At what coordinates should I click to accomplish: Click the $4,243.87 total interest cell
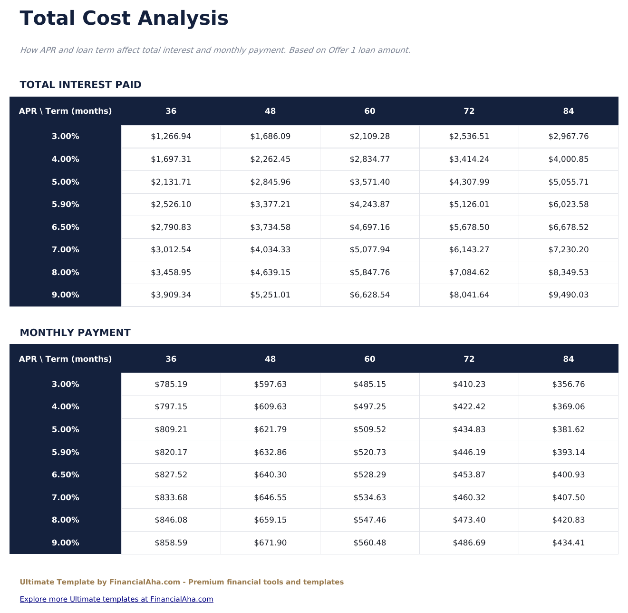tap(369, 205)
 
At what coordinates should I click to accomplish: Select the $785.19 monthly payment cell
tap(171, 384)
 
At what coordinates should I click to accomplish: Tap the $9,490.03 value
tap(568, 295)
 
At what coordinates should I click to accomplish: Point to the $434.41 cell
tap(568, 543)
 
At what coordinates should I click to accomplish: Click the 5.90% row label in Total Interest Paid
tap(66, 205)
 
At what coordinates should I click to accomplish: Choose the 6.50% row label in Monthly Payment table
tap(66, 475)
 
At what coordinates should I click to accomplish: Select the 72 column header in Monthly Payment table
tap(469, 359)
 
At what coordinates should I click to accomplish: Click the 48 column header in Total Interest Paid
tap(270, 111)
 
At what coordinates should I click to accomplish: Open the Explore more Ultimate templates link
tap(116, 599)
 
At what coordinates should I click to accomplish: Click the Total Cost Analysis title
tap(124, 19)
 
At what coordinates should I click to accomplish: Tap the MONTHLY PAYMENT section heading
tap(75, 333)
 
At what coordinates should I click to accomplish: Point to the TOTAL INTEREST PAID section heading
tap(80, 85)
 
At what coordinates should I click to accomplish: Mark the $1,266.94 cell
tap(171, 137)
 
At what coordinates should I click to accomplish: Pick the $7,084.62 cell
tap(469, 273)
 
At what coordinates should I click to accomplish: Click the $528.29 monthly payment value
tap(369, 475)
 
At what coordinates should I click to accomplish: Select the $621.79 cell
tap(270, 429)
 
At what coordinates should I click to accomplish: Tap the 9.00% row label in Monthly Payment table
tap(66, 543)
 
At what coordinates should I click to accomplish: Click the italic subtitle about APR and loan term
tap(215, 50)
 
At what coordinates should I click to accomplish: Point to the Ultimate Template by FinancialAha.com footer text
tap(182, 582)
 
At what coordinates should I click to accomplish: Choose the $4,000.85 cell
tap(568, 159)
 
